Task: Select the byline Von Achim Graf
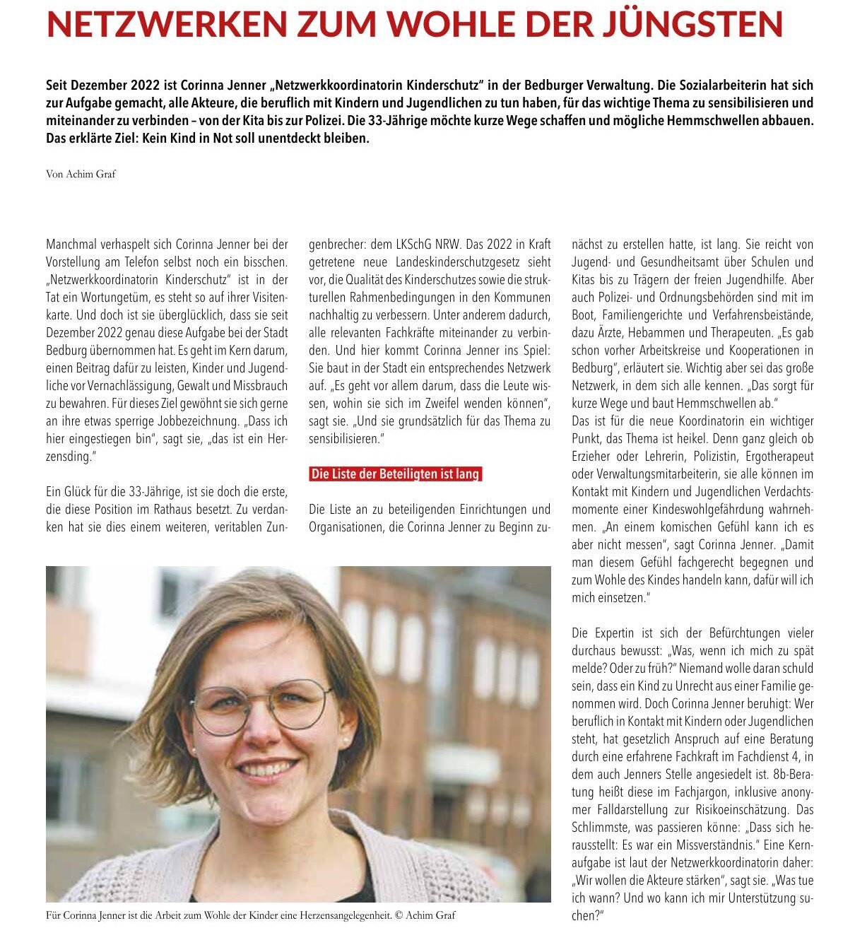(x=81, y=174)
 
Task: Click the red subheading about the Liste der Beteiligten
(x=395, y=474)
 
